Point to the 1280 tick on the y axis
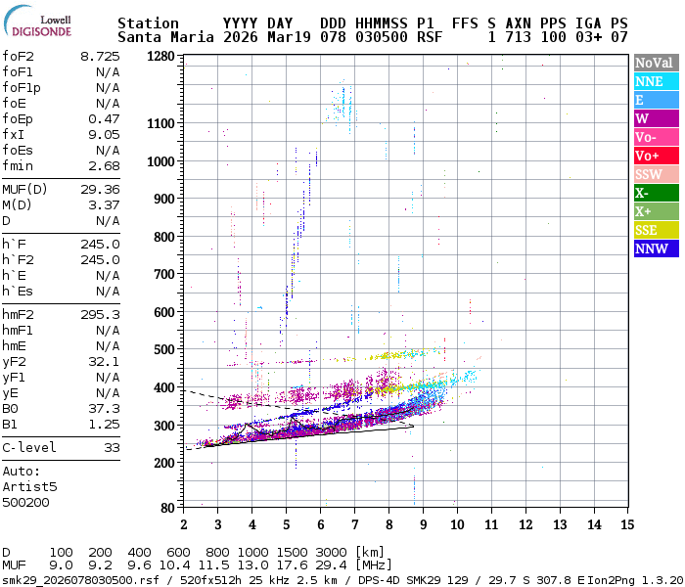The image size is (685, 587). coord(160,56)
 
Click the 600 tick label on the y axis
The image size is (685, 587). coord(164,312)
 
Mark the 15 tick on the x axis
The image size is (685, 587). coord(627,524)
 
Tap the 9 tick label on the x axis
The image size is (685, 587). coord(423,524)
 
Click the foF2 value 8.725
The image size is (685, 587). coord(100,56)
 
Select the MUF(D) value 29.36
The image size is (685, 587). coord(100,189)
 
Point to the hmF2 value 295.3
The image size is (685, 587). coord(100,314)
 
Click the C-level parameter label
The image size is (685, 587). coord(29,447)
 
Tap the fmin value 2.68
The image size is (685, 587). coord(104,165)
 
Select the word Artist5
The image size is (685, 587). coord(29,486)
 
